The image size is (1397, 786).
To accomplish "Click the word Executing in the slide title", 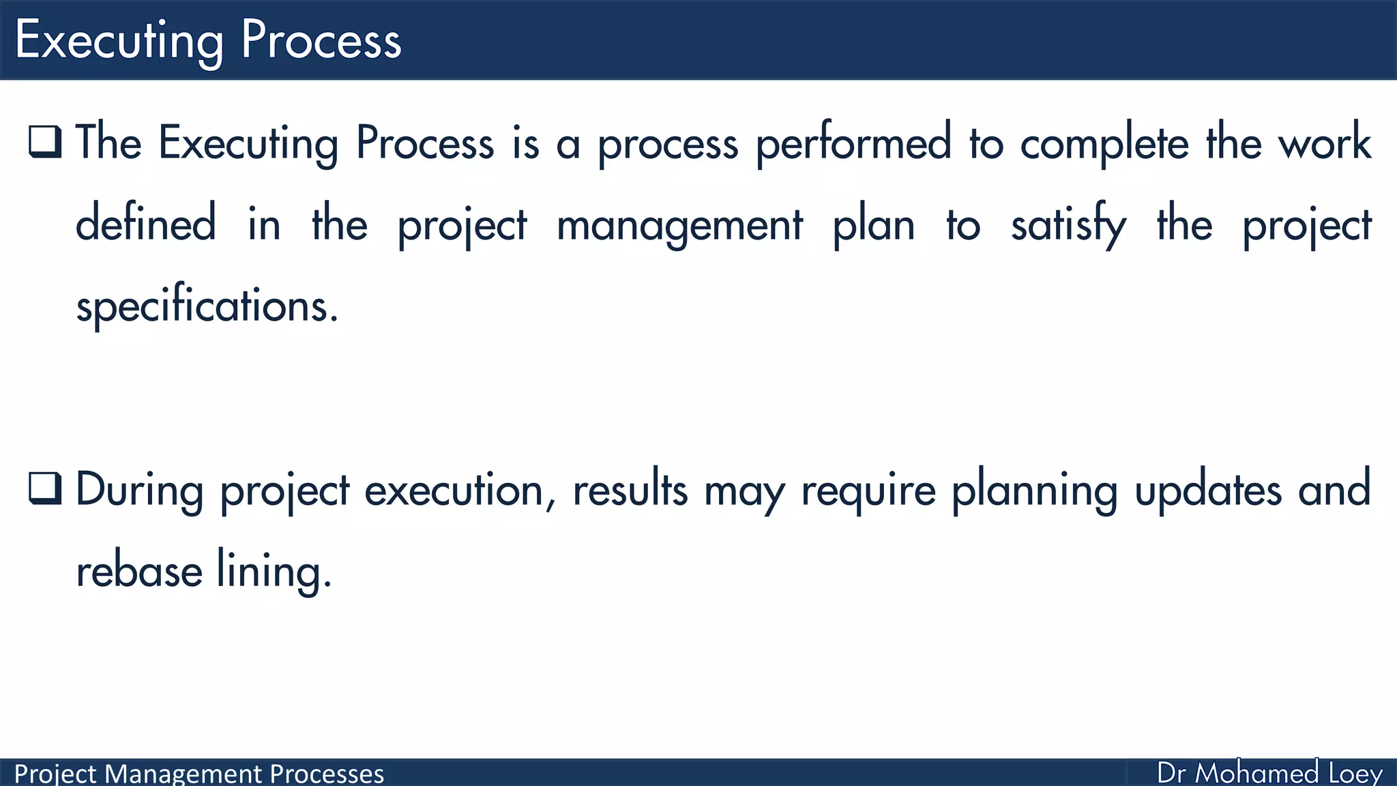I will click(119, 41).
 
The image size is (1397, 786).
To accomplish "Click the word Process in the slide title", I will click(321, 41).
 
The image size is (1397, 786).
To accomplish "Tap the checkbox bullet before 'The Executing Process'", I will click(46, 142).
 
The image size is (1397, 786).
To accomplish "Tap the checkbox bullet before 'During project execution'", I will click(46, 489).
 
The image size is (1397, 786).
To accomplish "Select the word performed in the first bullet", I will click(853, 145).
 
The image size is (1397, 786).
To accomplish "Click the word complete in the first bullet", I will click(1104, 145).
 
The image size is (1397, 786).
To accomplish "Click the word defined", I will click(145, 224).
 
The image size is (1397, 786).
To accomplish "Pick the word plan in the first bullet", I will click(873, 225).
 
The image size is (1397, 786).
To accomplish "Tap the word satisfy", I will click(1068, 225).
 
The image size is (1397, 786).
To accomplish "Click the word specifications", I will click(207, 306).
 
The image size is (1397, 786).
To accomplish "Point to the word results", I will click(630, 490).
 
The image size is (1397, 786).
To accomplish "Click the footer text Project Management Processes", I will click(198, 774).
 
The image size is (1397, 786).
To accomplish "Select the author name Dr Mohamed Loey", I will click(1269, 774).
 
